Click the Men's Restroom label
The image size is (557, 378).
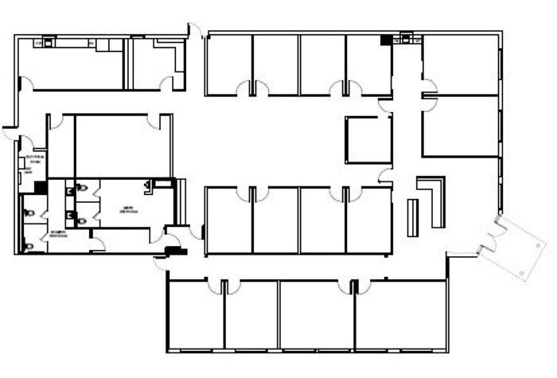point(127,211)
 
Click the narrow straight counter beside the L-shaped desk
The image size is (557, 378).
point(413,217)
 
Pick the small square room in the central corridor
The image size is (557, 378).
point(368,139)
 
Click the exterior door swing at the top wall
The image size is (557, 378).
point(194,30)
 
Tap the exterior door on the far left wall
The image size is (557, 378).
point(9,131)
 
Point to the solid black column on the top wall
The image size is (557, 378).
point(388,39)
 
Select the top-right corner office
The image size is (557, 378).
point(460,64)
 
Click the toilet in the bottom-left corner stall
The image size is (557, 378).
point(29,247)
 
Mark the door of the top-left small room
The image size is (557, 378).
point(166,81)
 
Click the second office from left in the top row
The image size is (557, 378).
point(276,64)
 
